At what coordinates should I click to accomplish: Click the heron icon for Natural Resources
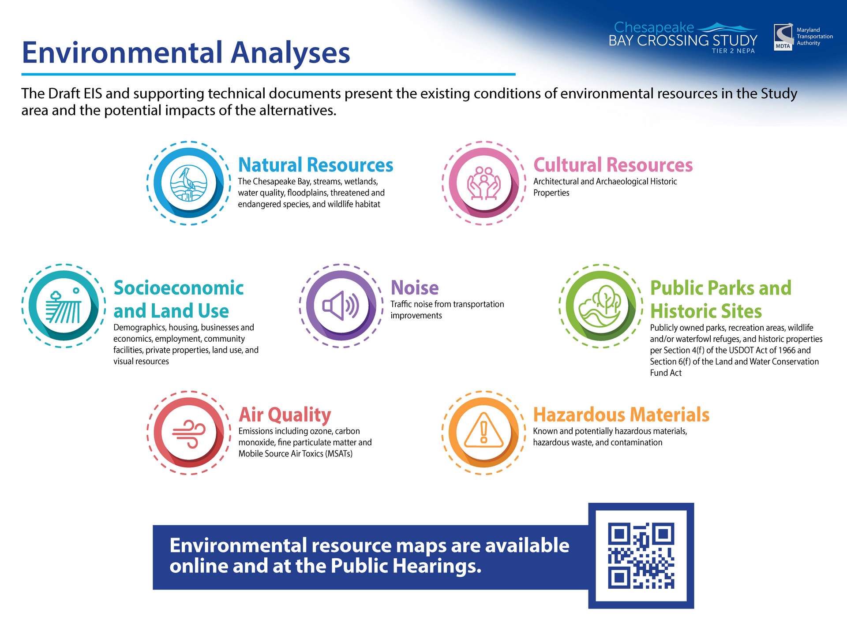188,183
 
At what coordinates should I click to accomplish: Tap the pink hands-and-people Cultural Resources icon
484,183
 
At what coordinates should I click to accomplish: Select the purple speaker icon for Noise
341,306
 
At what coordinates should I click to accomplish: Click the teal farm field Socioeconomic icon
64,306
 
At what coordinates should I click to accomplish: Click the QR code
641,556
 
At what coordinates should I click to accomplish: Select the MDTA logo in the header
783,37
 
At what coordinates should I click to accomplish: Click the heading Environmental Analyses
186,52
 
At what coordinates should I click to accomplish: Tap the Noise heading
415,288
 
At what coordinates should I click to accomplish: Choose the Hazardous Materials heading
621,415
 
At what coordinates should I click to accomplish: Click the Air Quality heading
285,415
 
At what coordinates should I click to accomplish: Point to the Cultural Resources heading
613,165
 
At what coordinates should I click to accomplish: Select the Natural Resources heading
315,165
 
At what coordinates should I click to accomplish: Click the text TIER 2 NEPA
733,51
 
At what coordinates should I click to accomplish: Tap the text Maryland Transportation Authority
815,37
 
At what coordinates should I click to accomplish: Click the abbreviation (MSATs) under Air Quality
339,454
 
